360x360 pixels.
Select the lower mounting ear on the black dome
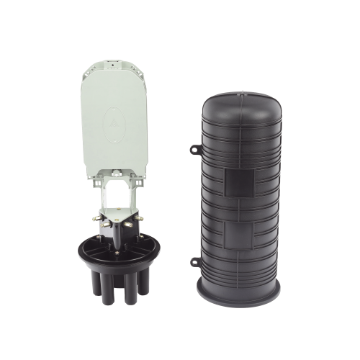195,261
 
